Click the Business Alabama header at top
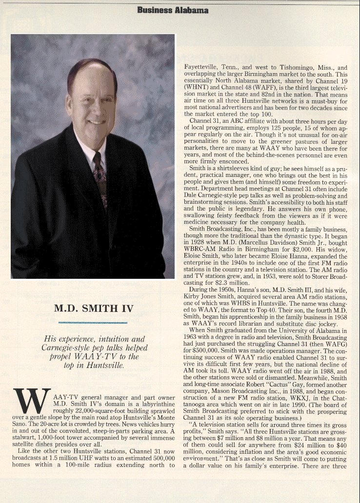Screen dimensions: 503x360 coord(173,10)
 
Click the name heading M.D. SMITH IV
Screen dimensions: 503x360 coord(93,308)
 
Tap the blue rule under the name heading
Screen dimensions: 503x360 coord(93,322)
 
